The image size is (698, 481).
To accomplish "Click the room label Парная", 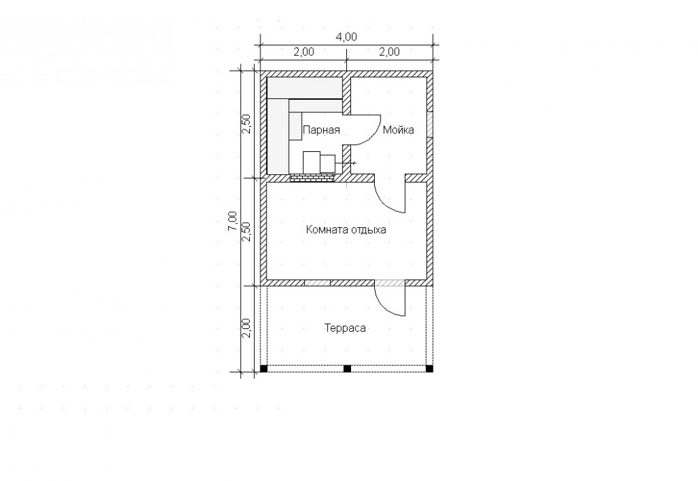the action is (x=321, y=130).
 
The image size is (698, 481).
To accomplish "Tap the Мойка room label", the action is (x=399, y=130).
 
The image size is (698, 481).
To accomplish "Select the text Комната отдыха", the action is (x=346, y=230).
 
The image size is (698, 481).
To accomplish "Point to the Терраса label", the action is (x=345, y=328).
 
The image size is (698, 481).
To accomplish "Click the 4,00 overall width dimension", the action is (x=346, y=37).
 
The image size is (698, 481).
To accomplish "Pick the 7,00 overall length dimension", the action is (x=232, y=221).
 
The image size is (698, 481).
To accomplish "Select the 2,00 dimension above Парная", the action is (x=303, y=52).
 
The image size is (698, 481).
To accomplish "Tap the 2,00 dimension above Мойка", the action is (x=389, y=52).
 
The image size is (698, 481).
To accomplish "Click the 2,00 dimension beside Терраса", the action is (x=246, y=328).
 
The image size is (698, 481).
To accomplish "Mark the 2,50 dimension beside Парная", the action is (x=246, y=124).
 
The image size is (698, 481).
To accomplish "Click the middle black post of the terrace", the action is (x=347, y=369).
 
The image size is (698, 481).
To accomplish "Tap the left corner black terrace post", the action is (x=264, y=369).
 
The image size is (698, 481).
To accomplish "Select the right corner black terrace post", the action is (x=429, y=369).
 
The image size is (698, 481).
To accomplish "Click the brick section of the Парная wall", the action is (x=312, y=178).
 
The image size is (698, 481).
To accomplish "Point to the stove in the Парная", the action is (x=320, y=162).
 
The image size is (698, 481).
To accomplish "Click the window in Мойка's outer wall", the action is (x=430, y=125).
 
